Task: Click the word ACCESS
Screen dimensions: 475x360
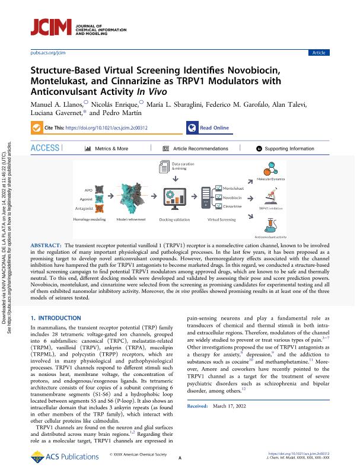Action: tap(45, 148)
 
